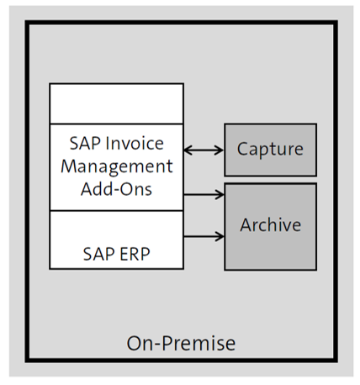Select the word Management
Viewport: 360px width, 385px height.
pos(116,166)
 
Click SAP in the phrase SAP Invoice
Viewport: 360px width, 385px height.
pos(84,145)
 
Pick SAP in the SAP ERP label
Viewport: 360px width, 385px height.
pos(100,252)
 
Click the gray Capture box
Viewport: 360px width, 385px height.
pos(270,150)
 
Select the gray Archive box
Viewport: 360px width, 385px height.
pos(270,226)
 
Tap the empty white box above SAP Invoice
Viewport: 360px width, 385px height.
pos(116,103)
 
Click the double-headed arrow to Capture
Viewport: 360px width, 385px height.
pos(204,150)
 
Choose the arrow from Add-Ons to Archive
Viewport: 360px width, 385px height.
pos(204,195)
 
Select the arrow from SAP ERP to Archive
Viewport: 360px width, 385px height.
pos(204,236)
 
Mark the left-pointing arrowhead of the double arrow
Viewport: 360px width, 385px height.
pos(188,150)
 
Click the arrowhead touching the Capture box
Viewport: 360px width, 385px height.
pos(220,150)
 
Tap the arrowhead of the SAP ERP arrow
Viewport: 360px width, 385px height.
pos(220,236)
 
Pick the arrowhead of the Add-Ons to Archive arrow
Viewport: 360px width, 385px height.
pos(220,195)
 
